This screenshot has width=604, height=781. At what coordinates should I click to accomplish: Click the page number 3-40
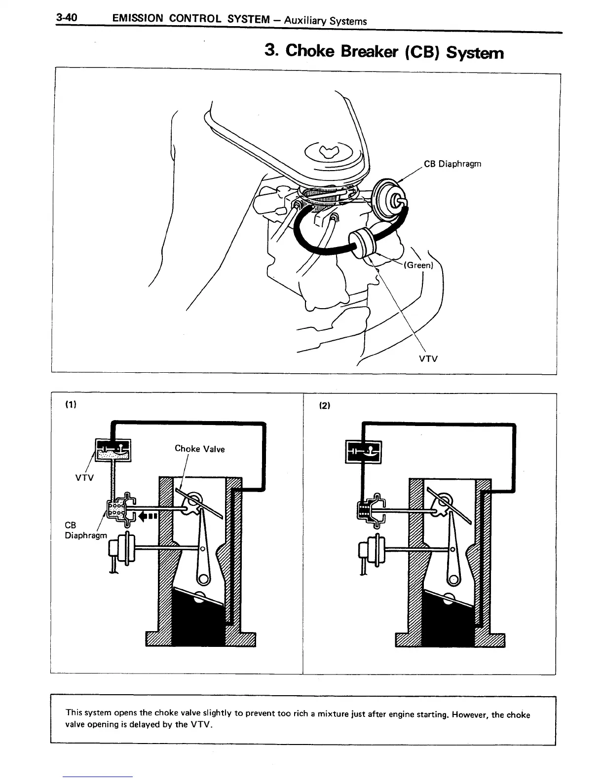pos(67,19)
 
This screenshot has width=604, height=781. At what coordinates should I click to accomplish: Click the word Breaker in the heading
pos(366,51)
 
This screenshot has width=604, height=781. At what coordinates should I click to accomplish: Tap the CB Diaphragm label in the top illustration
pos(452,164)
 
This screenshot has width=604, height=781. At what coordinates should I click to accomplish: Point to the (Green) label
pos(418,265)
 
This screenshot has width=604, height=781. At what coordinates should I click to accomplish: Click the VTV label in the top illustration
pos(428,359)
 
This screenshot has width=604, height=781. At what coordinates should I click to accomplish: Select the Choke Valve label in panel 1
pos(199,449)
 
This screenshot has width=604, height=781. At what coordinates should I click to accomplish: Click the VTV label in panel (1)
pos(84,478)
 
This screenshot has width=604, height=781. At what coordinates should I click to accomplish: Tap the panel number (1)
pos(71,405)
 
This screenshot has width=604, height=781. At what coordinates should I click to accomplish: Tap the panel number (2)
pos(324,406)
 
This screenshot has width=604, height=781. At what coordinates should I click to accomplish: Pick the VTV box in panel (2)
pos(363,451)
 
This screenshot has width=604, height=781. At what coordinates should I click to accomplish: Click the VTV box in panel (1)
pos(113,449)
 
